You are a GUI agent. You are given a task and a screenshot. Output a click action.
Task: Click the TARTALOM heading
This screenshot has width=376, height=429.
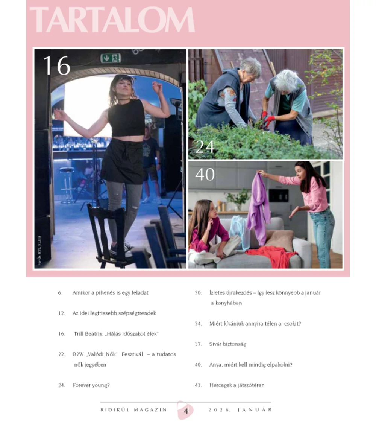[112, 20]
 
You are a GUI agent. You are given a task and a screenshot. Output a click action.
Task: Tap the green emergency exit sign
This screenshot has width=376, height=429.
[111, 58]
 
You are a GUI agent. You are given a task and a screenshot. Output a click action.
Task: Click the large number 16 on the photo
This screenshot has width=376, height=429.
[57, 65]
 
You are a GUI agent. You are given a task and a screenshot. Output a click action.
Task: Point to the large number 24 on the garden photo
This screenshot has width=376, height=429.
[205, 147]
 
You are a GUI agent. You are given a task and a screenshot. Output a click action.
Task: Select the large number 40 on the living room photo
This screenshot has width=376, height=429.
[205, 174]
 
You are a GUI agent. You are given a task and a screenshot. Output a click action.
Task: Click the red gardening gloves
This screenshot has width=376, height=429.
[267, 119]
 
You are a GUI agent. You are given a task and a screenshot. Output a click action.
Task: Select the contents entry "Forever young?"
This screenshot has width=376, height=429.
[91, 385]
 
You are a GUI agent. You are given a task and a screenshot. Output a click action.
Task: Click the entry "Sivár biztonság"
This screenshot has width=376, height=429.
[228, 344]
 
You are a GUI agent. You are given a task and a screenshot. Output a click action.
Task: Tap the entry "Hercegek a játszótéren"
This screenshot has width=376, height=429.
[237, 385]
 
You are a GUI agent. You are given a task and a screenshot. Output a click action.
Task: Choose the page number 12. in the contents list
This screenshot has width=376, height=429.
[62, 313]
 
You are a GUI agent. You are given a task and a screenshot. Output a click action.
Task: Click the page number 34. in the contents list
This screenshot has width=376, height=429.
[198, 324]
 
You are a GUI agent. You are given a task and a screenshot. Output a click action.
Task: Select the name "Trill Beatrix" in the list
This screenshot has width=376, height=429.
[88, 334]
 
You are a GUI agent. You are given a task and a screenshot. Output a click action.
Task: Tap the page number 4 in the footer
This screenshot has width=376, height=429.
[186, 411]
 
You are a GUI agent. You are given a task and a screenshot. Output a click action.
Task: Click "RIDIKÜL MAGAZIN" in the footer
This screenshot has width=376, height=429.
[134, 410]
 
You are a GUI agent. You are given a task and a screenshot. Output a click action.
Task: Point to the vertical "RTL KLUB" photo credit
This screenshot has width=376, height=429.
[39, 250]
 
